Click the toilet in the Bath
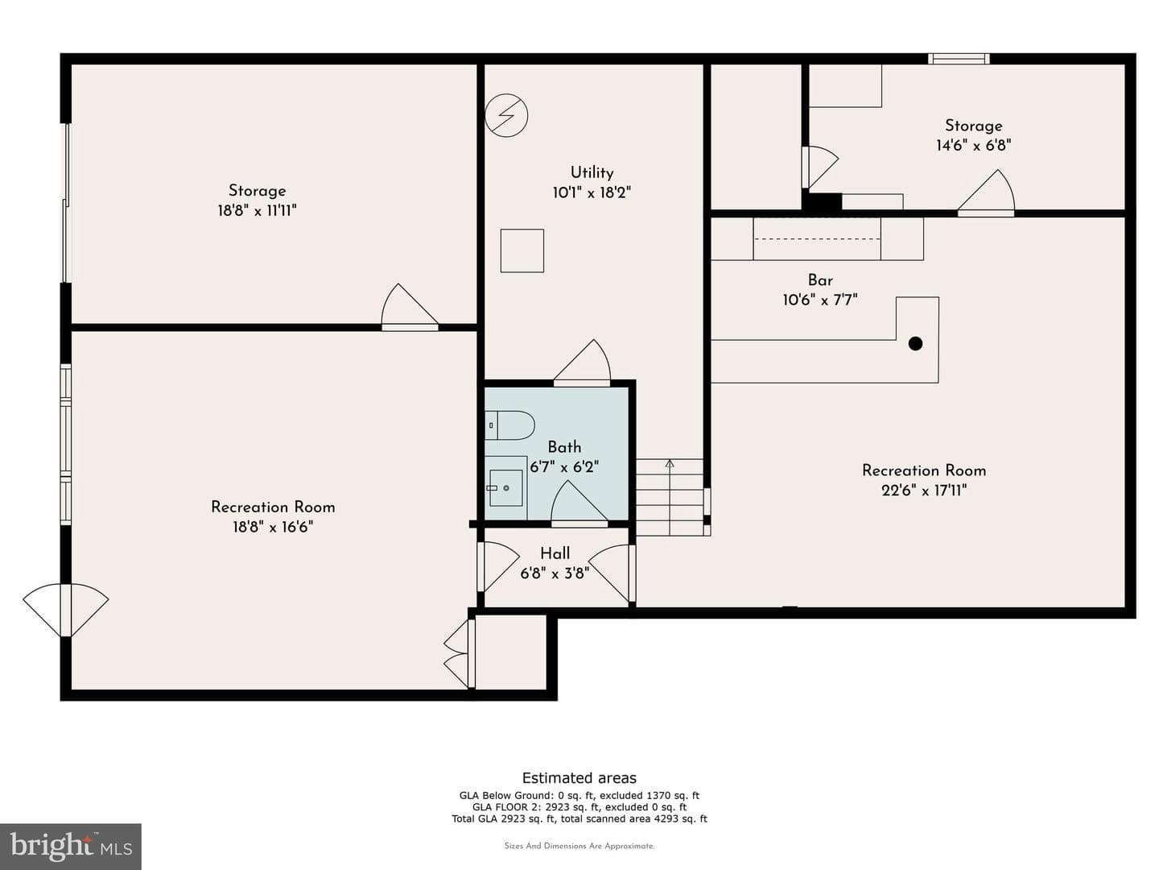509,425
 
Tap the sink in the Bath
505,487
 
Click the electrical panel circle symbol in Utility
505,116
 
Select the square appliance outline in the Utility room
522,251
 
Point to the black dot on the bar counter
915,344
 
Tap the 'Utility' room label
592,172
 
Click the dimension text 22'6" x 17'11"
923,491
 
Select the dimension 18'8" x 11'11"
257,211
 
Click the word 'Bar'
820,280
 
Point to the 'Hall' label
555,553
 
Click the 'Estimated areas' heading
579,777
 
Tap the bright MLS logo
71,847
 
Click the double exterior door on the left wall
65,610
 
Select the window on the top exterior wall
959,58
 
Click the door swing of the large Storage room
409,306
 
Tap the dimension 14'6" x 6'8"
973,145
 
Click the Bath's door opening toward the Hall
579,504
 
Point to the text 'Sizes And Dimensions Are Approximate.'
579,846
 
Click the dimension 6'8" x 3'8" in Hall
555,573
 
